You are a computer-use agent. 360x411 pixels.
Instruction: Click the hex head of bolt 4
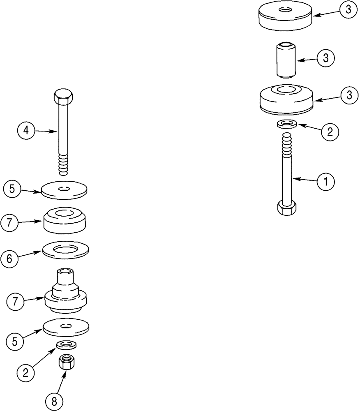point(64,97)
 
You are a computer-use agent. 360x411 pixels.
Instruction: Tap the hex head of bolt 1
point(286,208)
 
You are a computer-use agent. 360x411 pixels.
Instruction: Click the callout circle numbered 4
point(26,131)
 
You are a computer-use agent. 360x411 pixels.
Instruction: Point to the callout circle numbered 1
point(325,181)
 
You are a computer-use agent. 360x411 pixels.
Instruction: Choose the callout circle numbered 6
point(12,259)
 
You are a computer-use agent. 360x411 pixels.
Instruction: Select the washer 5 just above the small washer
point(66,327)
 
